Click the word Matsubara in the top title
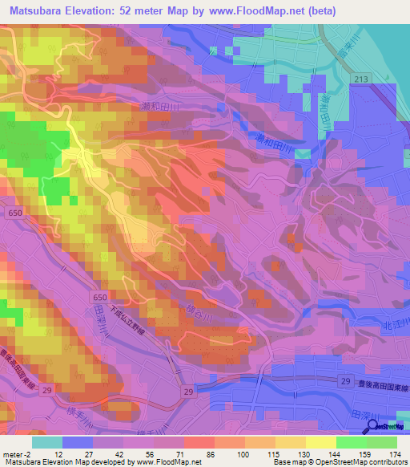pos(39,10)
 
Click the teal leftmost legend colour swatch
pos(46,441)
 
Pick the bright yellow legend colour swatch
pos(320,441)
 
